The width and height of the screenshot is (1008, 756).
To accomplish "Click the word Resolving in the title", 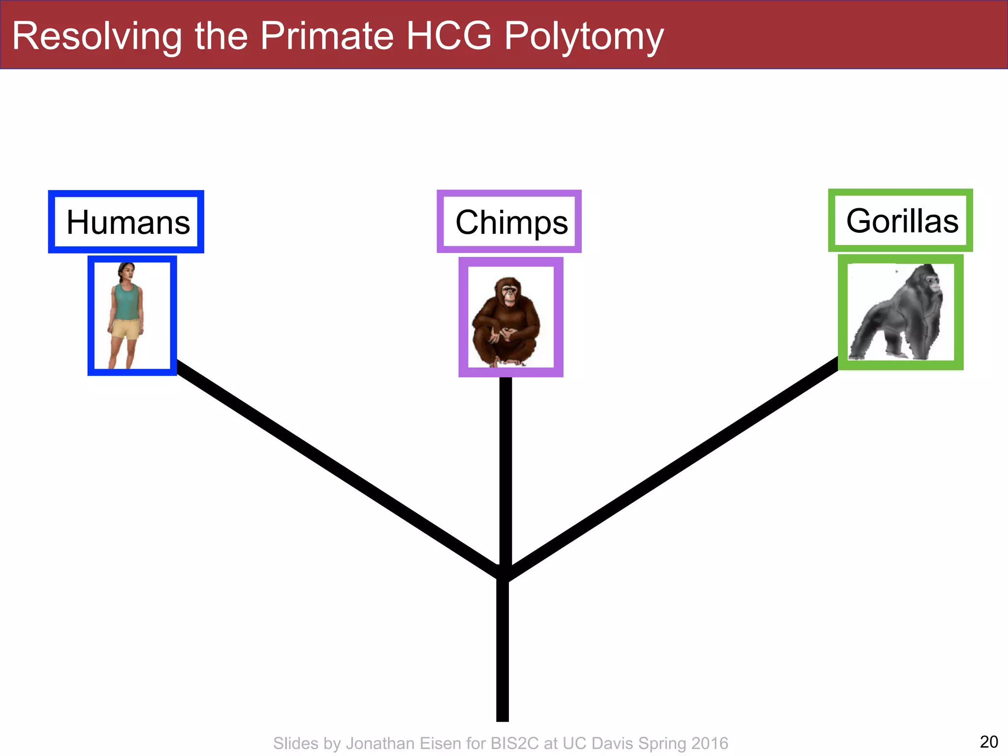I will pos(97,36).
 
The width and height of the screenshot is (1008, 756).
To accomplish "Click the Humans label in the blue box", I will pos(128,222).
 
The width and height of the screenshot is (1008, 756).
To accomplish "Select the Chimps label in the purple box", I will pos(511,222).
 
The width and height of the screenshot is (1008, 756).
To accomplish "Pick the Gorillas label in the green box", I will pos(902,221).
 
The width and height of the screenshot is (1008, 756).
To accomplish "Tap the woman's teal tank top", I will pos(127,301).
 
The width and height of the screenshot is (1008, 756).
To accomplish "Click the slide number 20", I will pos(989,741).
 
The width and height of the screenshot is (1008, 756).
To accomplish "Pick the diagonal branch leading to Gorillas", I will pos(674,468).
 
